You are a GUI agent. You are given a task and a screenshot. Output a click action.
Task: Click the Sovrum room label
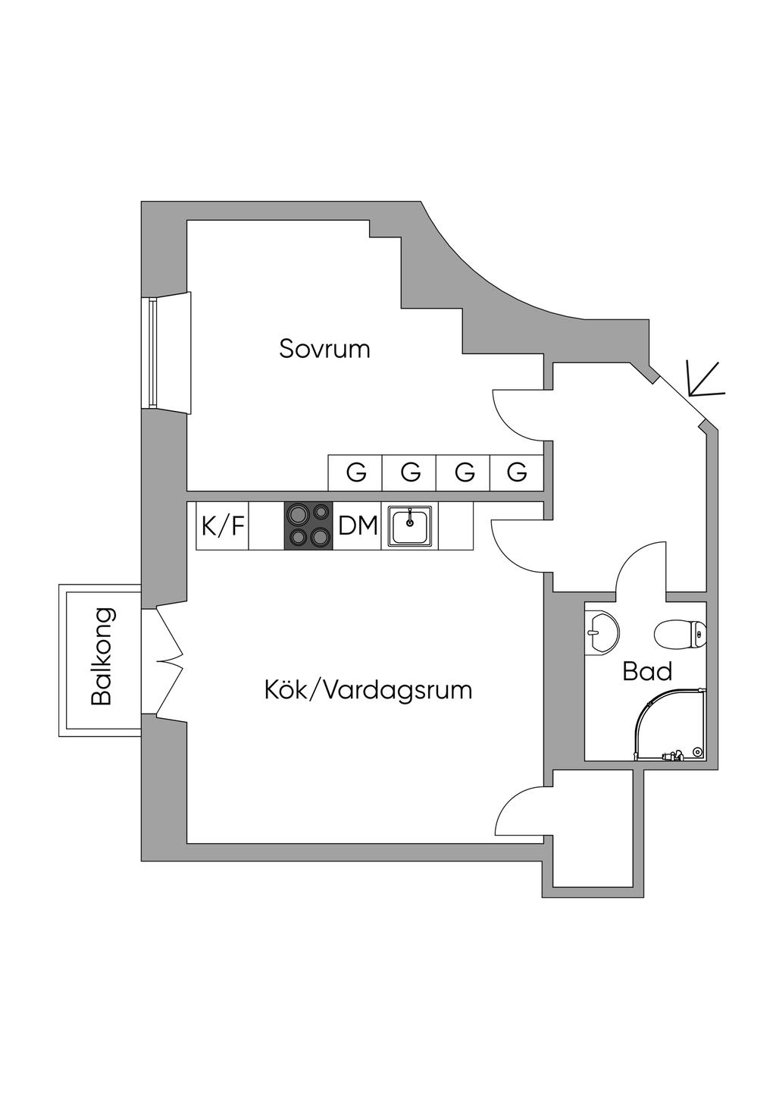[324, 349]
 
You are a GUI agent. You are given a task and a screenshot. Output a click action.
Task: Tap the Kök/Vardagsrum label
[368, 690]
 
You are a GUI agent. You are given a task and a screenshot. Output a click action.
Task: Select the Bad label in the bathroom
[647, 671]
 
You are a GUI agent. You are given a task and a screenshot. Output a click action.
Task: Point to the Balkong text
[102, 657]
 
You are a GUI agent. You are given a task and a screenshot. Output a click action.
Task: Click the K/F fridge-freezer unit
[222, 525]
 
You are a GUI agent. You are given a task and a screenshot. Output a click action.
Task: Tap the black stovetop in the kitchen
[308, 525]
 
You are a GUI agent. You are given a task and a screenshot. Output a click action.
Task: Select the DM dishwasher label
[358, 525]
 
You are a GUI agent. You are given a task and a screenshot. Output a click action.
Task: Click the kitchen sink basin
[410, 525]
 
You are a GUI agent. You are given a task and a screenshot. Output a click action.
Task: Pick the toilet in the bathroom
[681, 635]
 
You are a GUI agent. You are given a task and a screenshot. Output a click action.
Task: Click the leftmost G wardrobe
[355, 472]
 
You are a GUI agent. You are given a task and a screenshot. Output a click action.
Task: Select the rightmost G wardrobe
[517, 472]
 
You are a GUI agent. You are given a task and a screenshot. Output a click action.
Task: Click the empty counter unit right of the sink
[456, 525]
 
